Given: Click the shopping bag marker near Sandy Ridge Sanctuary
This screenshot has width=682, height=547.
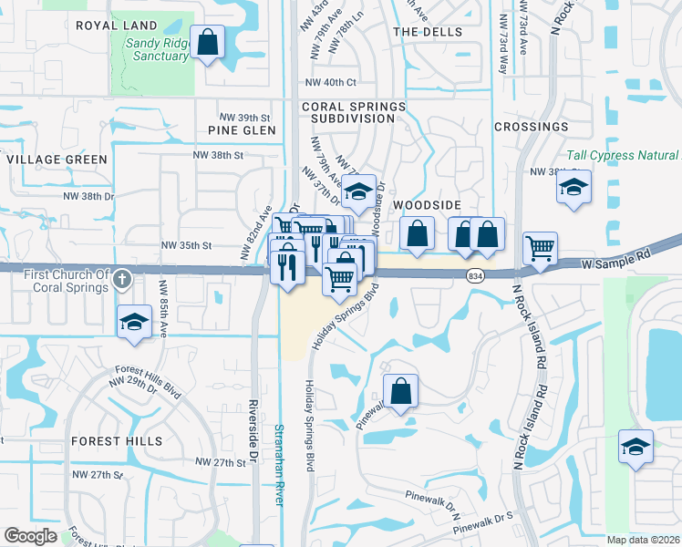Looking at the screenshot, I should pos(209,43).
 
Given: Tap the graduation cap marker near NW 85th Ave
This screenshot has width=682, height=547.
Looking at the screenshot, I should pos(135,322).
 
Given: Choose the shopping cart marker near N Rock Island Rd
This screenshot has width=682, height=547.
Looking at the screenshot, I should pos(540,246).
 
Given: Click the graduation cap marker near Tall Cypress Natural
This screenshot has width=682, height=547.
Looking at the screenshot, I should pos(573,189).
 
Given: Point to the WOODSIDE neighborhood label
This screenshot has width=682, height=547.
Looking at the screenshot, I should pos(428,206).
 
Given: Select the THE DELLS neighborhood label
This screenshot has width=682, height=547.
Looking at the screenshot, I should pos(428,32).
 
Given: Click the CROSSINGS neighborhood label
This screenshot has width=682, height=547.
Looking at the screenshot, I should pos(531,127).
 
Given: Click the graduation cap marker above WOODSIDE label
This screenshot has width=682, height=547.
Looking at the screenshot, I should pos(360,191).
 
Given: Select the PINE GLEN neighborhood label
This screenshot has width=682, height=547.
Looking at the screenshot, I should pos(242,130).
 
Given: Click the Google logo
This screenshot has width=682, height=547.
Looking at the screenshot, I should pos(30,536).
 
